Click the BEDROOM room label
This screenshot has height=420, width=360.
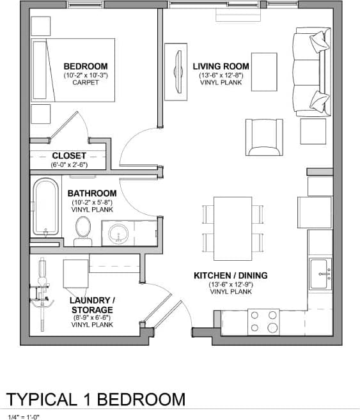[85, 66]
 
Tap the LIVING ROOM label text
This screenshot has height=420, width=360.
[221, 66]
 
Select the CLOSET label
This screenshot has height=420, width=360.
[69, 155]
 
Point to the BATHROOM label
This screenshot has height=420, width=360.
[92, 193]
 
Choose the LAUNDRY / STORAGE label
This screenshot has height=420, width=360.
[93, 305]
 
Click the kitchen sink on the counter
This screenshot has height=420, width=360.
[320, 274]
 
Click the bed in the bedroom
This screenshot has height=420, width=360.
[74, 70]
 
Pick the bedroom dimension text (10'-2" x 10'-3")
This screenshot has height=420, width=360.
[85, 75]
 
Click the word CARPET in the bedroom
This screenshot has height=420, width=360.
[85, 82]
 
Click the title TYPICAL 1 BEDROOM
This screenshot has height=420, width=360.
[96, 400]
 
